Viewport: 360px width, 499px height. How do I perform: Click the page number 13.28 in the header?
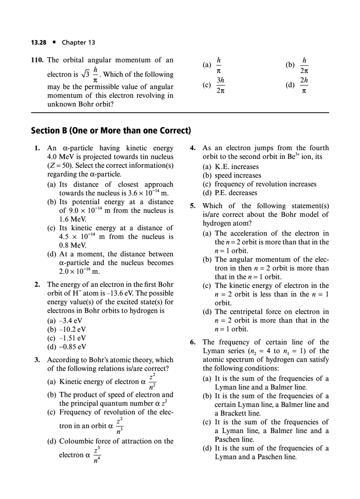[38, 42]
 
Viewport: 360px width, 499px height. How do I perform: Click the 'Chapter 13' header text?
[78, 42]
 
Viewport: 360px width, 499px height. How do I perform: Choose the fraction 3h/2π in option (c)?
[220, 86]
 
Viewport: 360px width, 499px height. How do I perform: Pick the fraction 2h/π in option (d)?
[304, 86]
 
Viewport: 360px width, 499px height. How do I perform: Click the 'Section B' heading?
[111, 131]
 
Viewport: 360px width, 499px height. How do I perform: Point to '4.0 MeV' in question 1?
[60, 157]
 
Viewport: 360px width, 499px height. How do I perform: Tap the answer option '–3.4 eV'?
[71, 321]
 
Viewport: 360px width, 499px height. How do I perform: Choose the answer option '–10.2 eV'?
[72, 330]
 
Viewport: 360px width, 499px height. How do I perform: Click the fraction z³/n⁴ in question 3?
[96, 455]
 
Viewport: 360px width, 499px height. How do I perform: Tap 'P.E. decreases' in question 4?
[236, 193]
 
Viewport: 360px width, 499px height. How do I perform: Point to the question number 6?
[193, 342]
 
